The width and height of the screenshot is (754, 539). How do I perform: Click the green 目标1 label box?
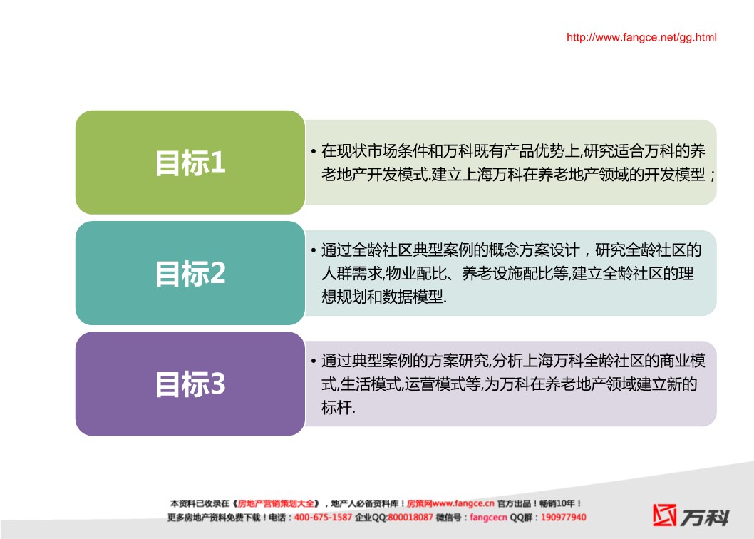[190, 162]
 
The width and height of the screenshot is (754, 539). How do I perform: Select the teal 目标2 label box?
[190, 273]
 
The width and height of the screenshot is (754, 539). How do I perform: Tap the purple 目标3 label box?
[190, 384]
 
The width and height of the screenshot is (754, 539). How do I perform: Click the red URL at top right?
[641, 38]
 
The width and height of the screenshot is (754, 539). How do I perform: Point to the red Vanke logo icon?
[664, 515]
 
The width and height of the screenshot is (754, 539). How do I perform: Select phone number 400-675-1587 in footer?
[323, 518]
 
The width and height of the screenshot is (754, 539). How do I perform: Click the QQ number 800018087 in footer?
[410, 518]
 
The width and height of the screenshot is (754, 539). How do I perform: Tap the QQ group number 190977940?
[563, 518]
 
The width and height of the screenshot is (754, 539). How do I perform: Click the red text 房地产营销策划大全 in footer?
[276, 503]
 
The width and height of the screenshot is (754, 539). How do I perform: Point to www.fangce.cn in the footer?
[463, 503]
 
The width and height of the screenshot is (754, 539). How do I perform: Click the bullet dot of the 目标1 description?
[314, 152]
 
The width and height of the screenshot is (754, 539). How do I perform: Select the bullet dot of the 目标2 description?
[314, 251]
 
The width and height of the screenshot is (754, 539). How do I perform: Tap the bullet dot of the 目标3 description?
[314, 361]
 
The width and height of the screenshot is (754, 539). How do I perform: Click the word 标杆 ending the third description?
[336, 408]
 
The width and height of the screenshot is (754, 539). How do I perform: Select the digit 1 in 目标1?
[218, 162]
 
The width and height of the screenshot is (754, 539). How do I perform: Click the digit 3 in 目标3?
[218, 384]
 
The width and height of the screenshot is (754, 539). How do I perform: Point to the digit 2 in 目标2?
[218, 273]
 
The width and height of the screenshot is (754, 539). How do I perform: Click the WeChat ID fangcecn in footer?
[488, 518]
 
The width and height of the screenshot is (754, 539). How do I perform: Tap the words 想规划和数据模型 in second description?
[382, 297]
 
